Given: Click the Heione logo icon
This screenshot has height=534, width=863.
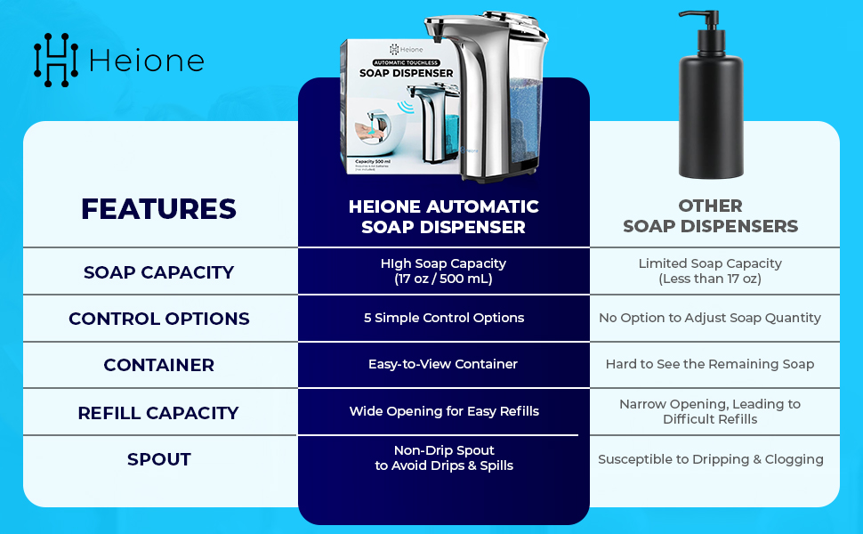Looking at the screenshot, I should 55,60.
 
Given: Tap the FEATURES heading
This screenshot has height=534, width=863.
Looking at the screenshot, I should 158,208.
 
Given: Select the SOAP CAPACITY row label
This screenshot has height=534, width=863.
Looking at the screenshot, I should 158,272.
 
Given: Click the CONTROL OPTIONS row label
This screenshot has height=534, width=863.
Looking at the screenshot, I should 158,319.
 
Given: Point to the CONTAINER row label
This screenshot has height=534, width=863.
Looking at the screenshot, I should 158,365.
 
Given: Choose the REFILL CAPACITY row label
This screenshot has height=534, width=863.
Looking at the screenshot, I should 158,413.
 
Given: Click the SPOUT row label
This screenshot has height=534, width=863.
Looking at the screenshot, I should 158,459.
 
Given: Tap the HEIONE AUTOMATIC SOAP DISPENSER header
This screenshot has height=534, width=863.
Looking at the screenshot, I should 443,216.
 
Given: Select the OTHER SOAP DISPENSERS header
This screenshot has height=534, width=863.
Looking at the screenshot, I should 710,216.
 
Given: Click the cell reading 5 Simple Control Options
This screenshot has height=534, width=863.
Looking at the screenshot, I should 443,318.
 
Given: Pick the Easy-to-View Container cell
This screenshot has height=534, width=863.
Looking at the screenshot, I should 443,364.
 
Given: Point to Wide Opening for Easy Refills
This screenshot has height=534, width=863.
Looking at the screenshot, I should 443,411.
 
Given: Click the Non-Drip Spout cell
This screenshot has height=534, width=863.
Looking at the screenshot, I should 443,457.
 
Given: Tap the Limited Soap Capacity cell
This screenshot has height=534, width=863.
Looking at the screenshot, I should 710,271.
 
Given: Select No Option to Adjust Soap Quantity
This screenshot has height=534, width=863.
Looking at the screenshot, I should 710,318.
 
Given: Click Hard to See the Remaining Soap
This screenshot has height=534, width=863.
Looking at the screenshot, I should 710,364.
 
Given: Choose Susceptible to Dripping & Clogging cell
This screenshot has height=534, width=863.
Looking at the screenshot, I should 710,459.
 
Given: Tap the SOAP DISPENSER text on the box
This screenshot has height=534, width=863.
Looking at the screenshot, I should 407,73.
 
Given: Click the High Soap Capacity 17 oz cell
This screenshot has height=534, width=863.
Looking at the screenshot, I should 443,271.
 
